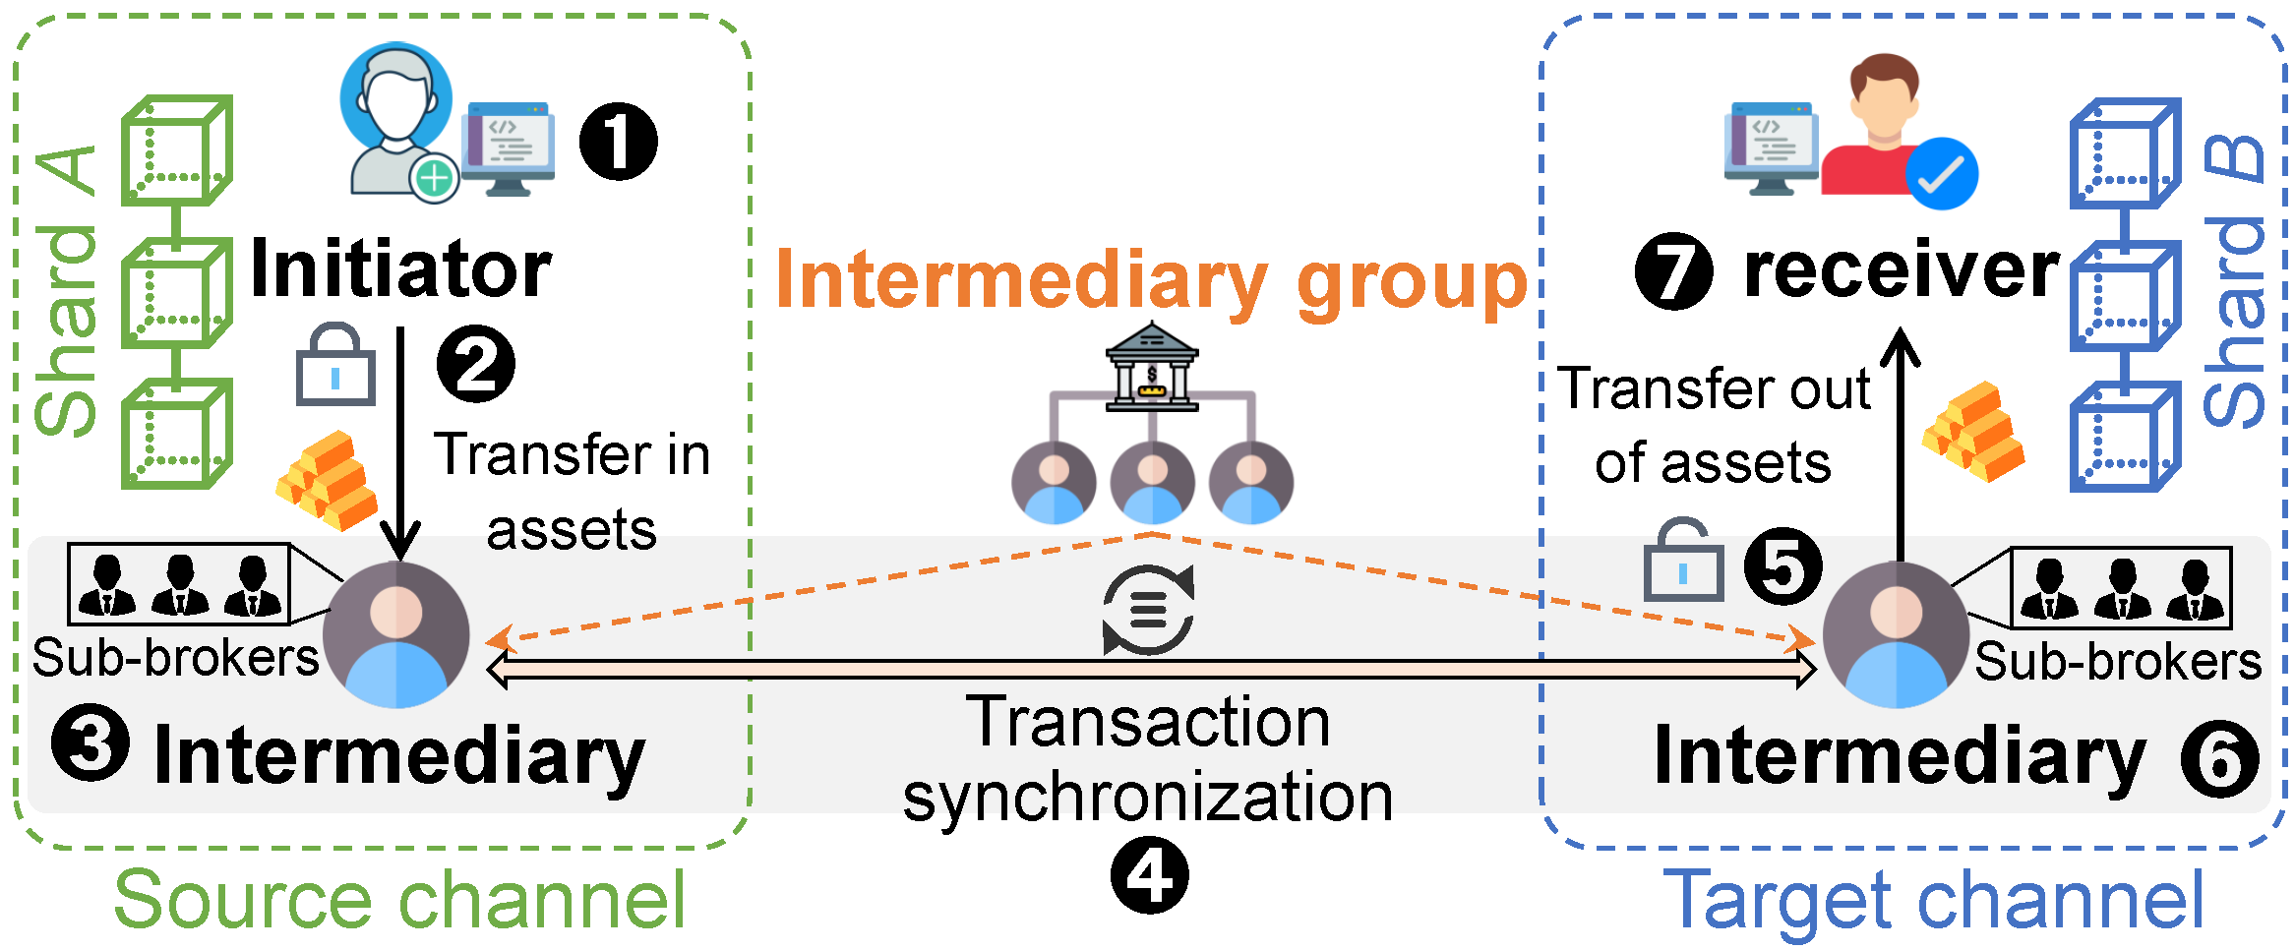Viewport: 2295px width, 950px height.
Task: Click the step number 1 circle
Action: pos(618,142)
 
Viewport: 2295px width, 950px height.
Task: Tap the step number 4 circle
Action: pos(1149,874)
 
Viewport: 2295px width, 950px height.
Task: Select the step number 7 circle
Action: pos(1673,271)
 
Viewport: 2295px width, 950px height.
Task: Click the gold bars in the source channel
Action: pos(328,480)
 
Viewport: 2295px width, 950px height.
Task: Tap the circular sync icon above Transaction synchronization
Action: pos(1148,610)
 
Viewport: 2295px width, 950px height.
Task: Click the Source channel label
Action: pos(399,899)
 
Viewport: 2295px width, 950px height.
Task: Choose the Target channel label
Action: pos(1932,899)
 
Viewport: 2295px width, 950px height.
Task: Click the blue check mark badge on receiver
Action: pos(1941,174)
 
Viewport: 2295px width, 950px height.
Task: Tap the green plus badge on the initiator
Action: pos(434,179)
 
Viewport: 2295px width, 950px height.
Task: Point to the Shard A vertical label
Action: pos(67,291)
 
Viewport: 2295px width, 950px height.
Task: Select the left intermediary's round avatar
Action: pos(395,635)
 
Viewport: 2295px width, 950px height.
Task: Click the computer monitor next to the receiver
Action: pos(1771,148)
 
